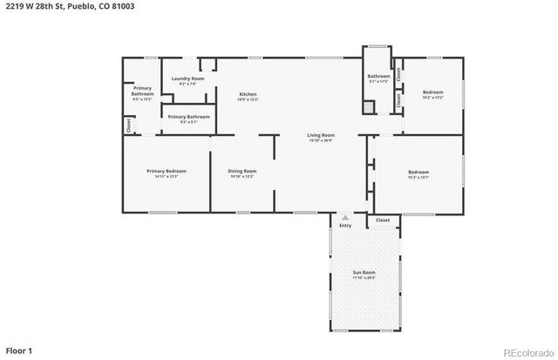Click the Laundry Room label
coord(187,78)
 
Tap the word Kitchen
coord(248,93)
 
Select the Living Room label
coord(321,135)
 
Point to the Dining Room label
coord(242,171)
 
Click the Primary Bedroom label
coord(166,171)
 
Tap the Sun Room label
coord(364,272)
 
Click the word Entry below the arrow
coord(346,226)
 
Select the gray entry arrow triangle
coord(346,217)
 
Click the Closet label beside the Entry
coord(383,221)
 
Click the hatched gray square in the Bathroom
coord(369,107)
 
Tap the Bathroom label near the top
coord(378,76)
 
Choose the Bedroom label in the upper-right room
coord(432,92)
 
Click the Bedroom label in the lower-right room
coord(418,172)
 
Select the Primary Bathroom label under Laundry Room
coord(188,117)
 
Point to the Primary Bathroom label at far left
coord(142,91)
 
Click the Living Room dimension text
coord(321,140)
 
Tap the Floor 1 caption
coord(18,350)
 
